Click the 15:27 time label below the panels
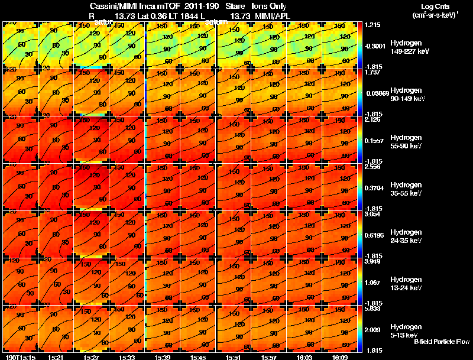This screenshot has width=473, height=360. pyautogui.click(x=91, y=357)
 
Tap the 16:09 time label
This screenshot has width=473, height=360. pyautogui.click(x=341, y=357)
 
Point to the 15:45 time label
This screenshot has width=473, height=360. pyautogui.click(x=198, y=357)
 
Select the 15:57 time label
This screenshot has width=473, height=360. pyautogui.click(x=270, y=357)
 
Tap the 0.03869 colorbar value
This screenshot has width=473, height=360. pyautogui.click(x=376, y=93)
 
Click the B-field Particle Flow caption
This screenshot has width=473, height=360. pyautogui.click(x=441, y=342)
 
